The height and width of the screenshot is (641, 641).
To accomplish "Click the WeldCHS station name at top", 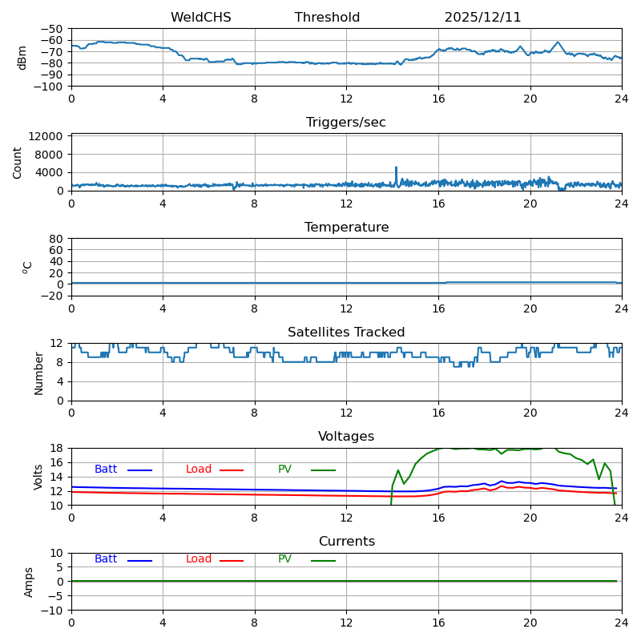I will [x=200, y=18].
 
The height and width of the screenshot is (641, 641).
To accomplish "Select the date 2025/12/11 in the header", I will [x=482, y=18].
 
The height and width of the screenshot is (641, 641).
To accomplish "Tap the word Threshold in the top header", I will [x=327, y=18].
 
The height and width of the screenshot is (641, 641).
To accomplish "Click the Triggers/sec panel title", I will [x=346, y=123].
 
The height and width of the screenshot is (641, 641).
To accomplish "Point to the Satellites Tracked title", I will [x=346, y=333].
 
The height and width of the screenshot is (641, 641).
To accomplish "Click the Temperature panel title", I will [x=346, y=228].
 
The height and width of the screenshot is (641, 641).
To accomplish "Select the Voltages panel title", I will [x=346, y=437].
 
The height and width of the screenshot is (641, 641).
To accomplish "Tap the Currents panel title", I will [x=346, y=542].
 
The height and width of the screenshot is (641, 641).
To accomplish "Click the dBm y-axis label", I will [x=22, y=58].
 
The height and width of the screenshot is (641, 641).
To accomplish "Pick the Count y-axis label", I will [x=18, y=162].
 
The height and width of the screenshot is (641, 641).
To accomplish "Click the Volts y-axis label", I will [x=38, y=477].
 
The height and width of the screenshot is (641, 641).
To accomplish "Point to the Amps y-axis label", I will [x=29, y=582].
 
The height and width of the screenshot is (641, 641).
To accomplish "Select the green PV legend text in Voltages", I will [x=284, y=470].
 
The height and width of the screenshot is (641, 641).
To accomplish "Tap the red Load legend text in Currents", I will [x=199, y=559].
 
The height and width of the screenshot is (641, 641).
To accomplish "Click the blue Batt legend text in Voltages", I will [x=106, y=470].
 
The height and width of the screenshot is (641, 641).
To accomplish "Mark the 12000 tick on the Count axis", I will [x=48, y=137].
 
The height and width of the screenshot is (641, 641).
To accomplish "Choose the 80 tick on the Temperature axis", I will [x=56, y=239].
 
